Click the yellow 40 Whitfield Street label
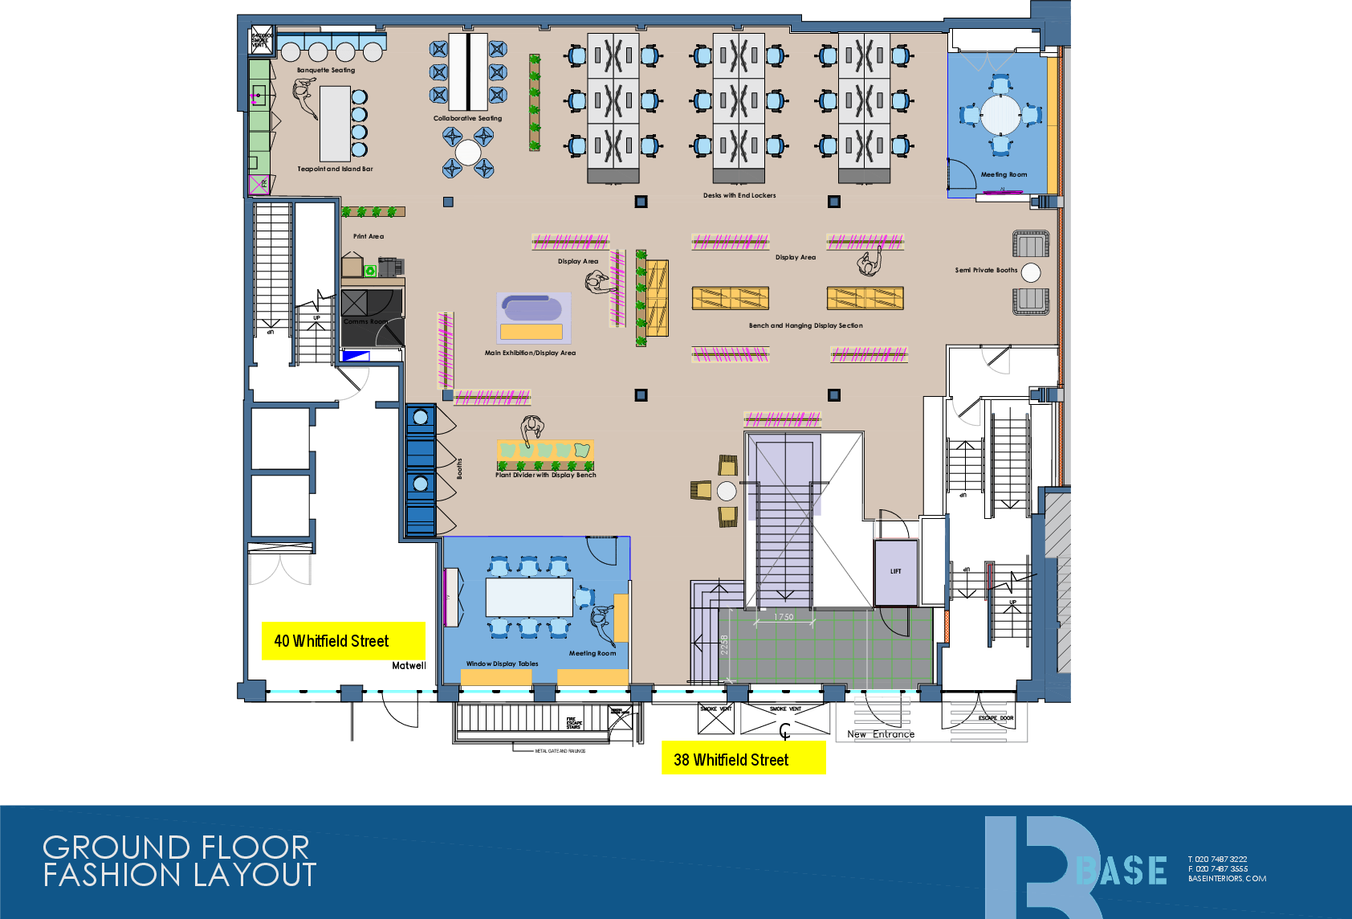343,641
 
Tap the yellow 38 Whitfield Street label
743,758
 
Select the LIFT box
895,572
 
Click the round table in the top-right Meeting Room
1000,115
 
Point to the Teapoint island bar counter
335,124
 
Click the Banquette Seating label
325,71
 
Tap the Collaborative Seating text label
467,119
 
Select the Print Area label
369,236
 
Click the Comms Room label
365,321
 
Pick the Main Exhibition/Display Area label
530,353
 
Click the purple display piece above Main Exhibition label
533,317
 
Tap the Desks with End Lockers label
739,195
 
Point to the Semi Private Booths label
986,271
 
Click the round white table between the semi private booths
1031,273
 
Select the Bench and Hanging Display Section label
805,325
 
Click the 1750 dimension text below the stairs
784,617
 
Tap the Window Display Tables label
502,664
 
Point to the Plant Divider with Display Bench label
545,475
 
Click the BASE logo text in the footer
1122,871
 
